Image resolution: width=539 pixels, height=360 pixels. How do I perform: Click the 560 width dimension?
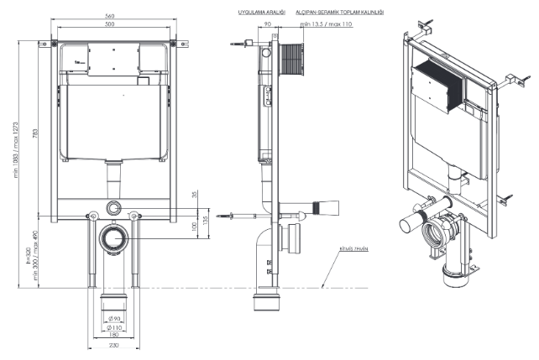[110, 17]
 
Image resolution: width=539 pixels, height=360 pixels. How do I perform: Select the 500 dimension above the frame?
[110, 24]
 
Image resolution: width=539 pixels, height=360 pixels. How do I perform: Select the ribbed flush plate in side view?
[292, 60]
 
